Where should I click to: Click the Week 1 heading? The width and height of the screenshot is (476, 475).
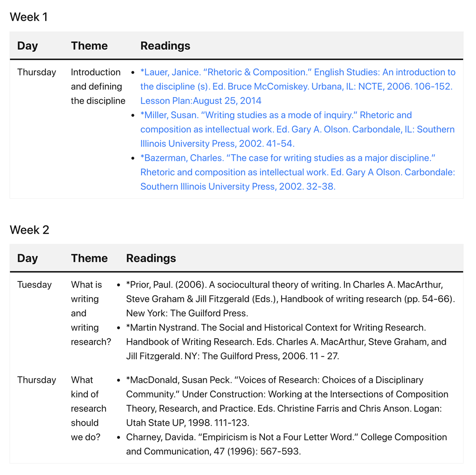[x=29, y=17]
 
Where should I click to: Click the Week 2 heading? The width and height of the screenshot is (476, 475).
[x=29, y=230]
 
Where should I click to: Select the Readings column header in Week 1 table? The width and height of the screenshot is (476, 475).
[x=165, y=46]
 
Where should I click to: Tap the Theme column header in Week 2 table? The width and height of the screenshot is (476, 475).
[x=89, y=258]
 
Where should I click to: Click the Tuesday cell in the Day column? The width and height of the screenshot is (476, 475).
[x=34, y=285]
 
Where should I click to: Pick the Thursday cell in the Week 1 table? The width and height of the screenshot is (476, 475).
[x=37, y=72]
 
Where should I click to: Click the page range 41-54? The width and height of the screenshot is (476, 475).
[x=280, y=144]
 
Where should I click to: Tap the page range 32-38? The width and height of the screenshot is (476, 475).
[x=320, y=187]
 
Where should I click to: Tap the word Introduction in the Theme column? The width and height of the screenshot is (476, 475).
[x=95, y=72]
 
